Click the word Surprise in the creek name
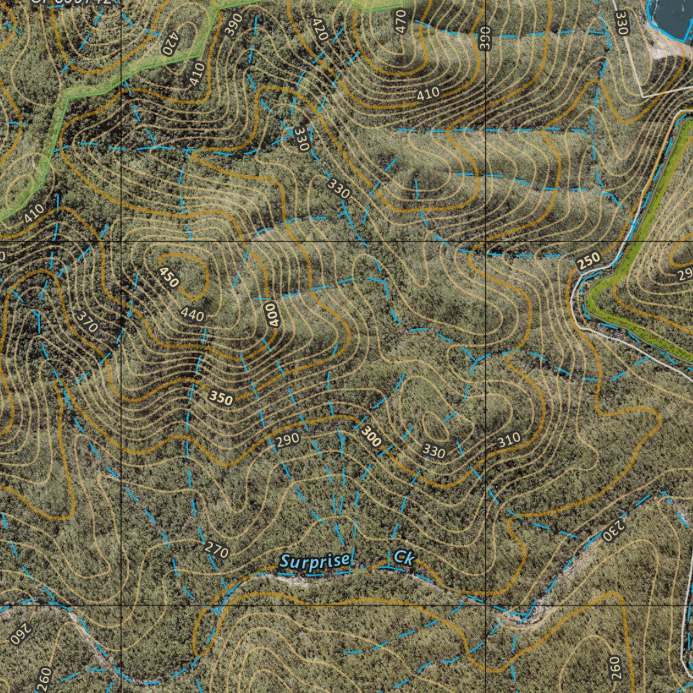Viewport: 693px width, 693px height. [x=316, y=561]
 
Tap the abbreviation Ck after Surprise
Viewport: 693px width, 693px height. [x=404, y=558]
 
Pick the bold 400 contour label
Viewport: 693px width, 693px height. [x=271, y=314]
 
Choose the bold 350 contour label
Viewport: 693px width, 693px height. [x=221, y=399]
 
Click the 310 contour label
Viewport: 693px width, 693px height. [x=509, y=440]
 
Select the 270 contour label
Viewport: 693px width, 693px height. [x=217, y=551]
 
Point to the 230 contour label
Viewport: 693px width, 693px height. [x=611, y=526]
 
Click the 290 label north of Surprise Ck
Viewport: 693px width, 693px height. [x=287, y=441]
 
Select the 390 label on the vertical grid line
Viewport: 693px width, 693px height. [x=483, y=39]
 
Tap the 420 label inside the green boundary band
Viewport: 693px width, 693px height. [x=169, y=43]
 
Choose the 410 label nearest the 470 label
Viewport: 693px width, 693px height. [x=428, y=93]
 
